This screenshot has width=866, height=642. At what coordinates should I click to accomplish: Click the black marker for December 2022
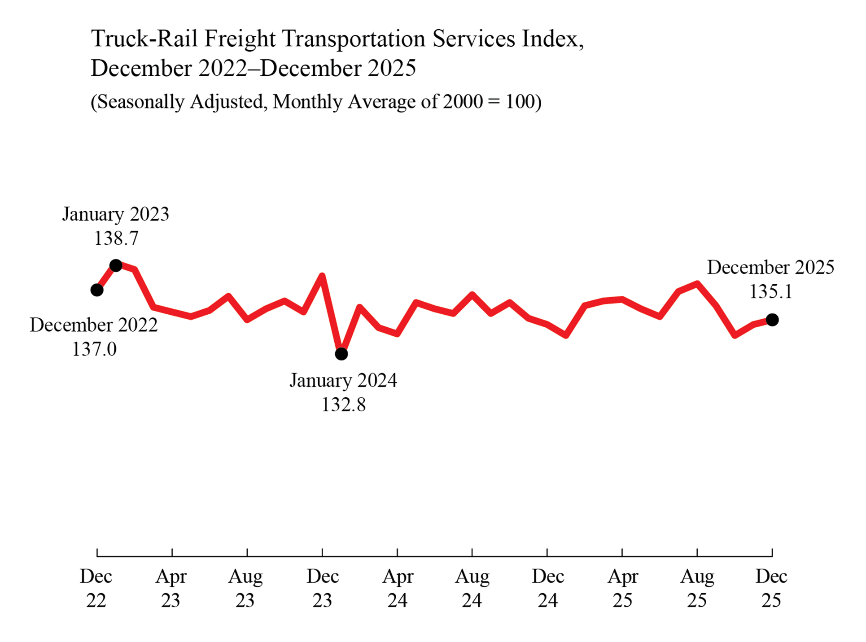[97, 290]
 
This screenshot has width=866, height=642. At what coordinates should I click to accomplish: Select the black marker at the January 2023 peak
[116, 265]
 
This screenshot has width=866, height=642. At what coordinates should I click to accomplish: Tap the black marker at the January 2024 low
[341, 354]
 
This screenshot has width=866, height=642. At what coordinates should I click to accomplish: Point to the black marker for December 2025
[772, 320]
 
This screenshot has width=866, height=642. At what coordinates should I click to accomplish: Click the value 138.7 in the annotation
[116, 238]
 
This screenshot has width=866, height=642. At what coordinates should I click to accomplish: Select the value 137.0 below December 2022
[94, 349]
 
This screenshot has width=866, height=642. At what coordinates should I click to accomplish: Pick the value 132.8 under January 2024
[343, 404]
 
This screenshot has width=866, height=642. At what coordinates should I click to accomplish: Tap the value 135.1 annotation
[770, 291]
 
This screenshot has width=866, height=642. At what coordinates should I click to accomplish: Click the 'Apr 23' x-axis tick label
[171, 588]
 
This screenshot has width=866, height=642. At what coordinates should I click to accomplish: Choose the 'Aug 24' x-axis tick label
[472, 588]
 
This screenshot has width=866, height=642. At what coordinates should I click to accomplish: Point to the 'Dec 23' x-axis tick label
[322, 588]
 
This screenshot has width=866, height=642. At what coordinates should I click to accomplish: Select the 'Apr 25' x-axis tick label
[622, 588]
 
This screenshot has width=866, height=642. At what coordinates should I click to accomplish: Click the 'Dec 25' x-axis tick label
[771, 588]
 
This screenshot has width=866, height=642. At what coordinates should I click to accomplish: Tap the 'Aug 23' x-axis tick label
[245, 588]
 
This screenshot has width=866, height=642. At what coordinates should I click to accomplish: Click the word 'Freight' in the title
[240, 39]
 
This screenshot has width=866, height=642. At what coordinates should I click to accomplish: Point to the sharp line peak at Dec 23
[322, 275]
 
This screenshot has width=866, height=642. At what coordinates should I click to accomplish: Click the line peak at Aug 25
[697, 283]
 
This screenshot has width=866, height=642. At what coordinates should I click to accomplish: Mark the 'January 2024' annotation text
[343, 380]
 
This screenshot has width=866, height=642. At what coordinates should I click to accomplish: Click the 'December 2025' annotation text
[770, 267]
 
